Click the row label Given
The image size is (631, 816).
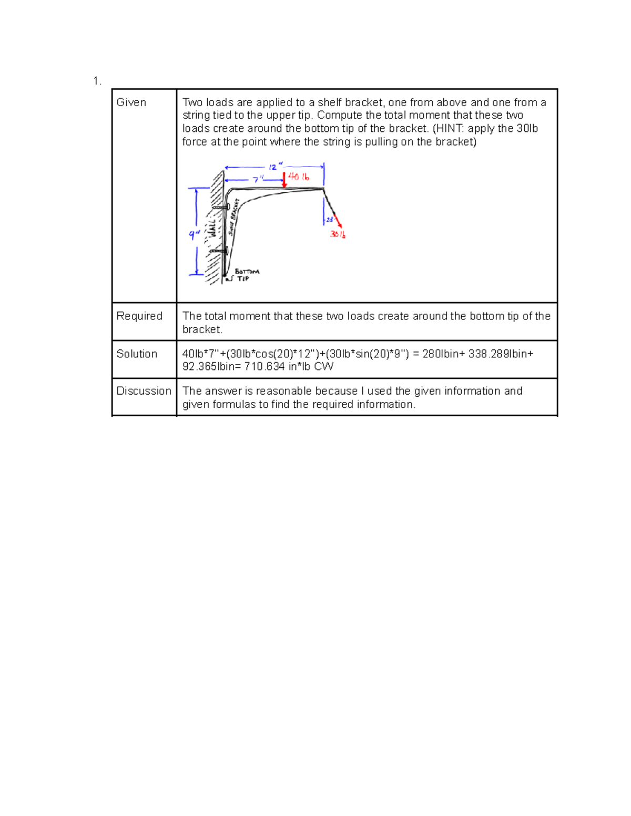click(x=131, y=102)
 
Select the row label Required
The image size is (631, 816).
click(x=139, y=316)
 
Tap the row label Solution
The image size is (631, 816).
click(x=137, y=354)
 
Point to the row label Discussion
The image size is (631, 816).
click(x=144, y=391)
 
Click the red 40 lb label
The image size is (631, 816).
click(x=299, y=177)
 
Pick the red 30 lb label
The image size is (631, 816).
click(x=338, y=234)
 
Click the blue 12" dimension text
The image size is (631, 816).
click(x=273, y=167)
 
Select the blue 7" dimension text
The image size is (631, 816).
click(x=257, y=180)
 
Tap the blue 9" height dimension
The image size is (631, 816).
click(x=194, y=235)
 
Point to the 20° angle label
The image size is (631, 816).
click(x=330, y=220)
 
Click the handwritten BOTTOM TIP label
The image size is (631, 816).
click(x=246, y=275)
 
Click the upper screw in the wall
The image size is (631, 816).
click(x=222, y=208)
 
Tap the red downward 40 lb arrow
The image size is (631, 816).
click(x=284, y=180)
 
